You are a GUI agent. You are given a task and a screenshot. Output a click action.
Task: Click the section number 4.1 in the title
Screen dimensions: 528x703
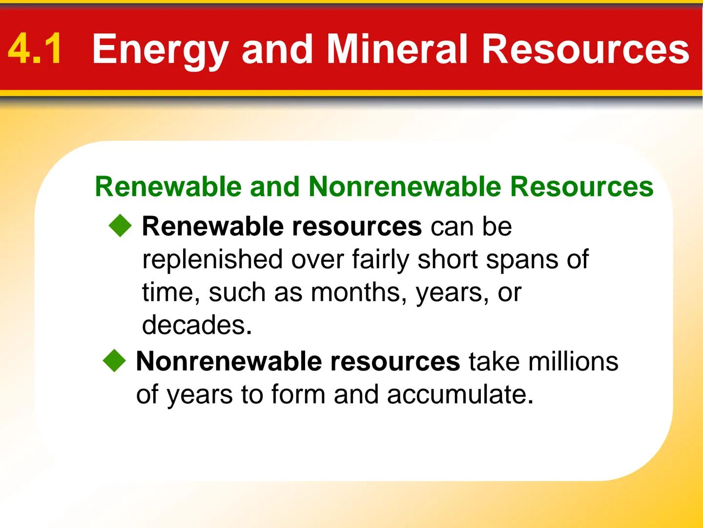tap(35, 49)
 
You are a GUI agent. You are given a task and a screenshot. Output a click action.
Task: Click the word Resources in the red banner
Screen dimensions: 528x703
tap(585, 49)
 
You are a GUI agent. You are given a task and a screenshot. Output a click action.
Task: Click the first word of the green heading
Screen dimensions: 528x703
tap(168, 187)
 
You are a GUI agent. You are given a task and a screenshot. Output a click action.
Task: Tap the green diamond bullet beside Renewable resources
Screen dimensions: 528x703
tap(121, 227)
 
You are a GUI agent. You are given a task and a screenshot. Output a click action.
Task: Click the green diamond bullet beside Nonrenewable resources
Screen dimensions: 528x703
tap(115, 361)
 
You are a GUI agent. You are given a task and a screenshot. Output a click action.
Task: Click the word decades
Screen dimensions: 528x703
tap(197, 325)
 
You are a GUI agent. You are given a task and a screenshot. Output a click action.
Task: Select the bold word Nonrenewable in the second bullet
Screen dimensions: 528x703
tap(228, 361)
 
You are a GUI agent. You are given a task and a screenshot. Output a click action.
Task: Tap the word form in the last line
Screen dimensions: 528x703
tap(298, 394)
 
